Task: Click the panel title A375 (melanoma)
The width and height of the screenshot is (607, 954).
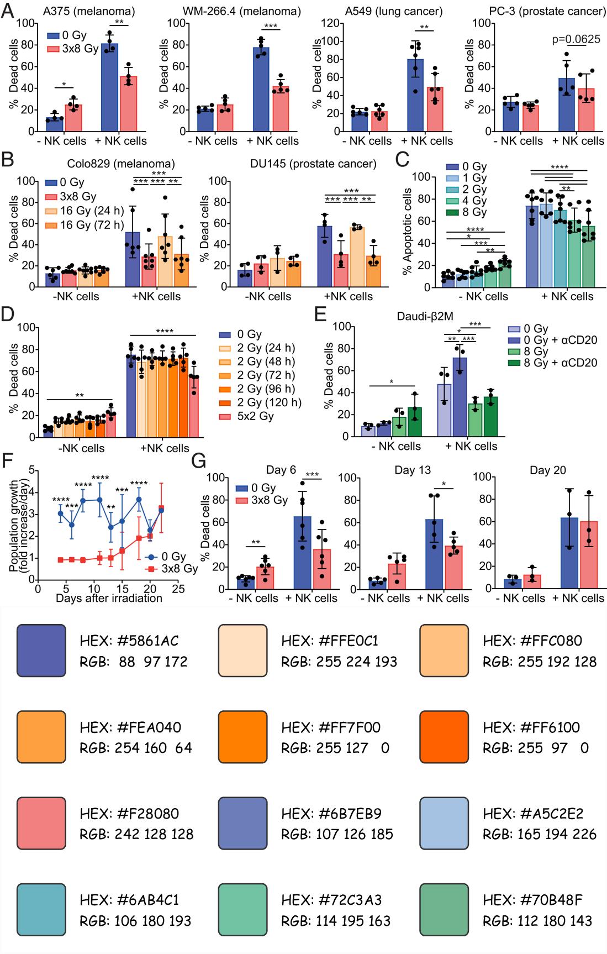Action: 88,11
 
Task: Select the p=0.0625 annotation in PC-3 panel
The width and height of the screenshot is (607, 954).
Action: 576,39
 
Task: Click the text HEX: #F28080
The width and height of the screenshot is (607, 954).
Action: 129,814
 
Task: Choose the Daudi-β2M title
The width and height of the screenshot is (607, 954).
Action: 425,316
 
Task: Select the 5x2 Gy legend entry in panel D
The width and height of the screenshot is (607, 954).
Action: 255,416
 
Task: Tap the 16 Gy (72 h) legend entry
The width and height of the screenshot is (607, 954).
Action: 92,225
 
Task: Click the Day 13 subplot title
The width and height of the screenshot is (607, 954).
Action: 413,470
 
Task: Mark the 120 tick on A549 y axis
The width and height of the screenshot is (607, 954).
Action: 330,23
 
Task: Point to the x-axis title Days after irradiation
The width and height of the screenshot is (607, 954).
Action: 109,598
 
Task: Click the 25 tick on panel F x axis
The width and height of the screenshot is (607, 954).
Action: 178,589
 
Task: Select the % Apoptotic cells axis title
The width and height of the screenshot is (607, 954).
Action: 408,231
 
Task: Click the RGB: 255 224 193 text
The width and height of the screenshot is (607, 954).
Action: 339,662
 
